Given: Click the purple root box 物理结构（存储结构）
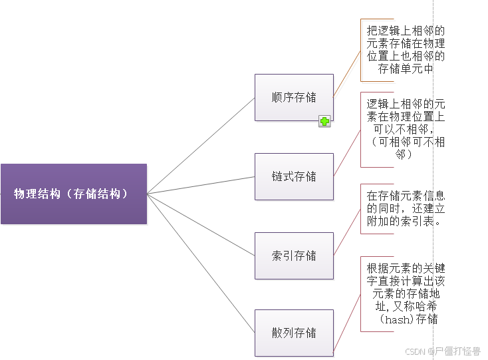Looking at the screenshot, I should tap(73, 194).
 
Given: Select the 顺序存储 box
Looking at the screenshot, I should tap(294, 97).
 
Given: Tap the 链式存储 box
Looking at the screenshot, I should tap(294, 176).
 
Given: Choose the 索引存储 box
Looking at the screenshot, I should tap(294, 256).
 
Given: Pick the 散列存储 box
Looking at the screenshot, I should tap(294, 332).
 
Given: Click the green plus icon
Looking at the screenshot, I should tap(324, 121).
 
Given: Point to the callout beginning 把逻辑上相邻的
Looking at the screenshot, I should tap(406, 49).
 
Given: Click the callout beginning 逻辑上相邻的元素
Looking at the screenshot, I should tap(406, 129).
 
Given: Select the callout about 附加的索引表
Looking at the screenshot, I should tap(406, 208).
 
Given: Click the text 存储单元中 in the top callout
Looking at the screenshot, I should tap(406, 69).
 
